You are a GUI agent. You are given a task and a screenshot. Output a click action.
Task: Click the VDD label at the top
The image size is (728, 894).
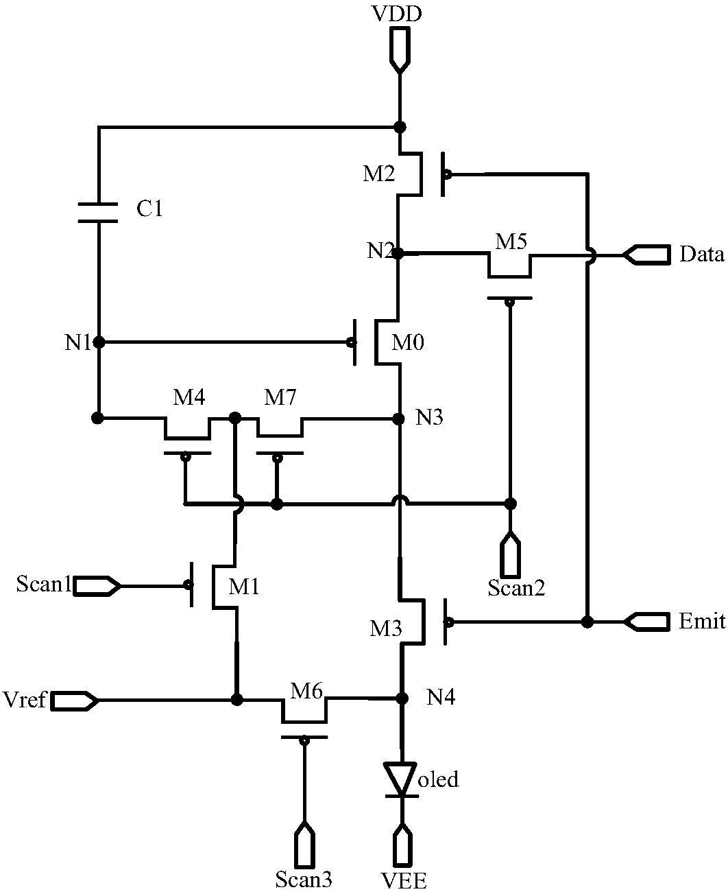397,14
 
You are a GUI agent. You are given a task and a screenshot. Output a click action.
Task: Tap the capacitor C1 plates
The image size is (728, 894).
98,213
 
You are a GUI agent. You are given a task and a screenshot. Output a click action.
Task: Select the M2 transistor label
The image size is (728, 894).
378,174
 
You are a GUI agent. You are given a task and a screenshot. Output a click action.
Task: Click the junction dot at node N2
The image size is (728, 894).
398,253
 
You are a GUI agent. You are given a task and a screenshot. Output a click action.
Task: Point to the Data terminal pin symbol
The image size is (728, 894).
646,255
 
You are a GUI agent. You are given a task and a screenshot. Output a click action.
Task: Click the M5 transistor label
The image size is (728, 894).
511,242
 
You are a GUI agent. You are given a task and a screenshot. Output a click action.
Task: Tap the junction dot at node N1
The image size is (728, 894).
99,342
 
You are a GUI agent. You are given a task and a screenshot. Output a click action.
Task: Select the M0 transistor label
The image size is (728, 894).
408,342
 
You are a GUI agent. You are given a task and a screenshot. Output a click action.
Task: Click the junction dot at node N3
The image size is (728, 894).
398,419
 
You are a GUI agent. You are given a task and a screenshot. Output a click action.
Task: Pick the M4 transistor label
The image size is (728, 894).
189,397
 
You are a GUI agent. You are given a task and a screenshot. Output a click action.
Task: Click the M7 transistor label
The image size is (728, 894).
280,397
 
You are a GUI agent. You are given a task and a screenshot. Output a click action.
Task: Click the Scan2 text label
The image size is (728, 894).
516,587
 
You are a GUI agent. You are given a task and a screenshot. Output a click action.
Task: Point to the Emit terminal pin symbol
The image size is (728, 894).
646,621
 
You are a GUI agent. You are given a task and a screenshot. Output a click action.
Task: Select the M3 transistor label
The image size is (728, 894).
386,628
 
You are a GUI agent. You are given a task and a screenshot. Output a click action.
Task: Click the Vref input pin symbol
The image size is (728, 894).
75,701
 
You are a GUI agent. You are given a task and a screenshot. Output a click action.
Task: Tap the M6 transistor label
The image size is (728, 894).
306,690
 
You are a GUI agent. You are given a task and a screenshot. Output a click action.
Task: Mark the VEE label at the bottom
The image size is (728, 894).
404,880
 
